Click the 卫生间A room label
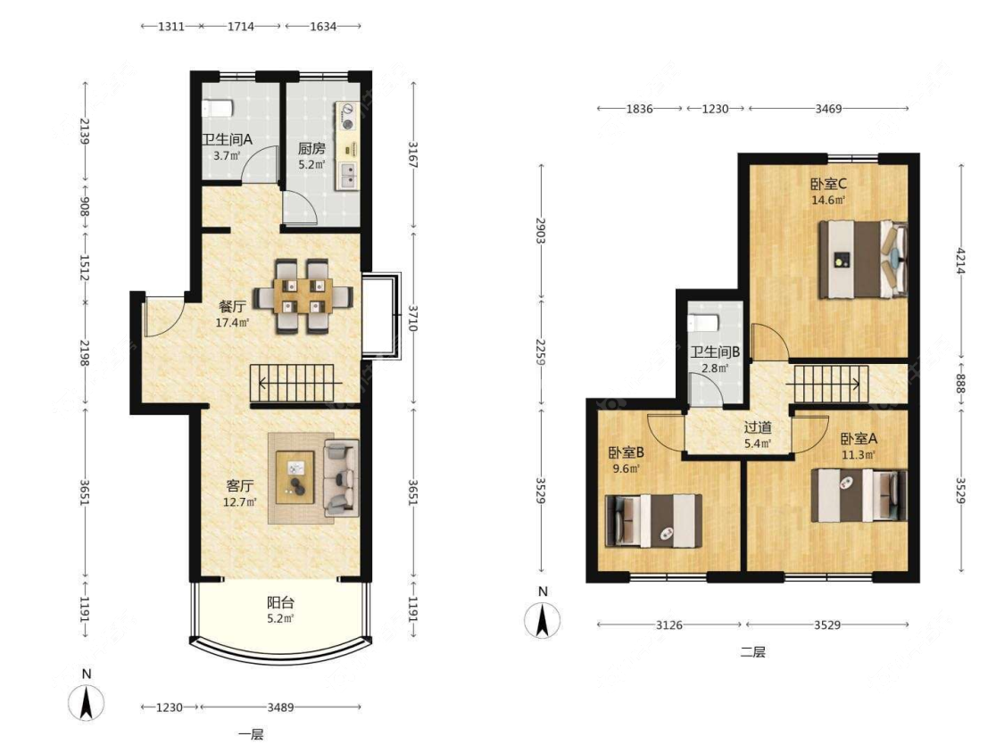pos(228,139)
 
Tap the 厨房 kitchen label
pos(311,149)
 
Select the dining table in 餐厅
pos(303,296)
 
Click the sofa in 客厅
pos(341,477)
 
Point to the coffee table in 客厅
pos(295,477)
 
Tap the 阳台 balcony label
pos(280,602)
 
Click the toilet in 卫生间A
pos(217,109)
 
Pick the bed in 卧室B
pos(654,521)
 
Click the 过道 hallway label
pos(758,427)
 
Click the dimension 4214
pos(959,261)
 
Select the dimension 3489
pos(280,707)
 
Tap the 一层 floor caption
pos(251,734)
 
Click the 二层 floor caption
pos(753,652)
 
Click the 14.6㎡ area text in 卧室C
pos(828,200)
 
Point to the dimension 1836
pos(639,109)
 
